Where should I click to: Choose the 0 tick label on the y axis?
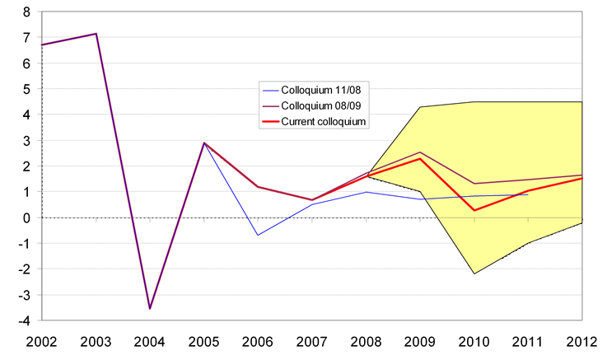(27, 218)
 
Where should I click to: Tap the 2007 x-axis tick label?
(311, 342)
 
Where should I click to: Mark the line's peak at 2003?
(96, 34)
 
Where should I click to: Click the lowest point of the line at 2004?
(150, 308)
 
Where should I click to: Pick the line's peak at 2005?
(203, 143)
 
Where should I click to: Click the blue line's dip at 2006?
(258, 236)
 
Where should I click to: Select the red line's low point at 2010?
(474, 210)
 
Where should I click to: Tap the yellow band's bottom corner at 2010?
(474, 274)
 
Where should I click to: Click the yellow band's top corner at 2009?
(420, 107)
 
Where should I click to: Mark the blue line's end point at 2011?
(528, 194)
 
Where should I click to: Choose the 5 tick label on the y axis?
(27, 89)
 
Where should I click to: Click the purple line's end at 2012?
(582, 175)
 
